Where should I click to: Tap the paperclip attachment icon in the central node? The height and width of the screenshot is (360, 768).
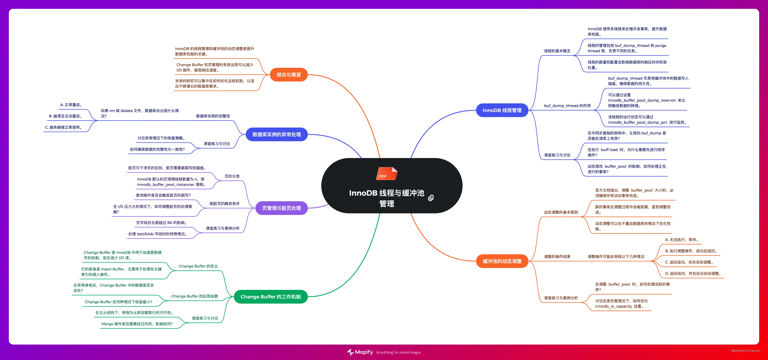pos(431,198)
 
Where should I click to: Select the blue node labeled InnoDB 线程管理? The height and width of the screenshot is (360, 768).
pos(502,110)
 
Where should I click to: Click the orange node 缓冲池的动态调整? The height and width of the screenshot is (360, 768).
pos(502,261)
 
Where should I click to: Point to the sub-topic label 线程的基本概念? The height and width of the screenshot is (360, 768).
pos(557,51)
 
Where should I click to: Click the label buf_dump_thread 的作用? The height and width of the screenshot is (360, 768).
pos(567,106)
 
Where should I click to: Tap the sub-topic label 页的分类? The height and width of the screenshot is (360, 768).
pos(232,176)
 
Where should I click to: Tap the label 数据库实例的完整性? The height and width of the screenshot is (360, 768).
pos(213,116)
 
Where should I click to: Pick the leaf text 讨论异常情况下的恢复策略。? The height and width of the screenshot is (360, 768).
pos(162,138)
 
